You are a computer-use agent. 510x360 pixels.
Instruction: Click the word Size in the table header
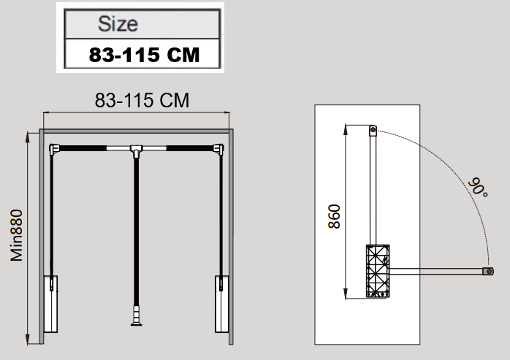tap(118, 24)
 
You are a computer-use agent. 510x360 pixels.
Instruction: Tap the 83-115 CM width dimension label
tap(142, 100)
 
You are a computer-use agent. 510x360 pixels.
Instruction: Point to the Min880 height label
tap(17, 235)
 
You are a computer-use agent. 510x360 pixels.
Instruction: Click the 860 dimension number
tap(334, 217)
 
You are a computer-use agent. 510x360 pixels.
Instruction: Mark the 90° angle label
tap(478, 187)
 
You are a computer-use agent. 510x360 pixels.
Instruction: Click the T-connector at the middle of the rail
tap(137, 150)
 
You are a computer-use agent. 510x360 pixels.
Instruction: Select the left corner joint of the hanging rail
tap(54, 149)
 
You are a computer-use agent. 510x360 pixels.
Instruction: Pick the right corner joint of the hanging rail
tap(218, 149)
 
